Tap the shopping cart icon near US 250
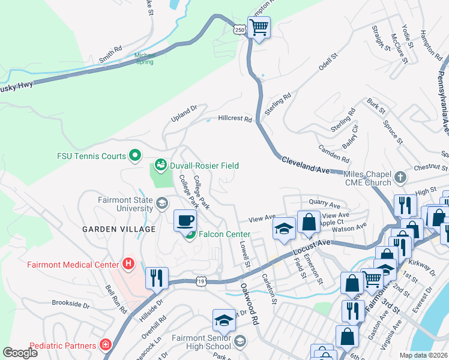259,27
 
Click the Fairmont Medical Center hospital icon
127,263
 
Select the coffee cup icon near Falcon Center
185,220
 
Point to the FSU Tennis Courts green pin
135,156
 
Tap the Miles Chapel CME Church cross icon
401,178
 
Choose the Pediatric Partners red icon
106,345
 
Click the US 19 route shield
200,281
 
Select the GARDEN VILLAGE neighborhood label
119,229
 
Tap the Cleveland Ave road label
305,166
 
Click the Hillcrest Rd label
235,119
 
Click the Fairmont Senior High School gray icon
240,341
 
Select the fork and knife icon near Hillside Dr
155,277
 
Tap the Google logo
20,353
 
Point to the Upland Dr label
185,112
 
